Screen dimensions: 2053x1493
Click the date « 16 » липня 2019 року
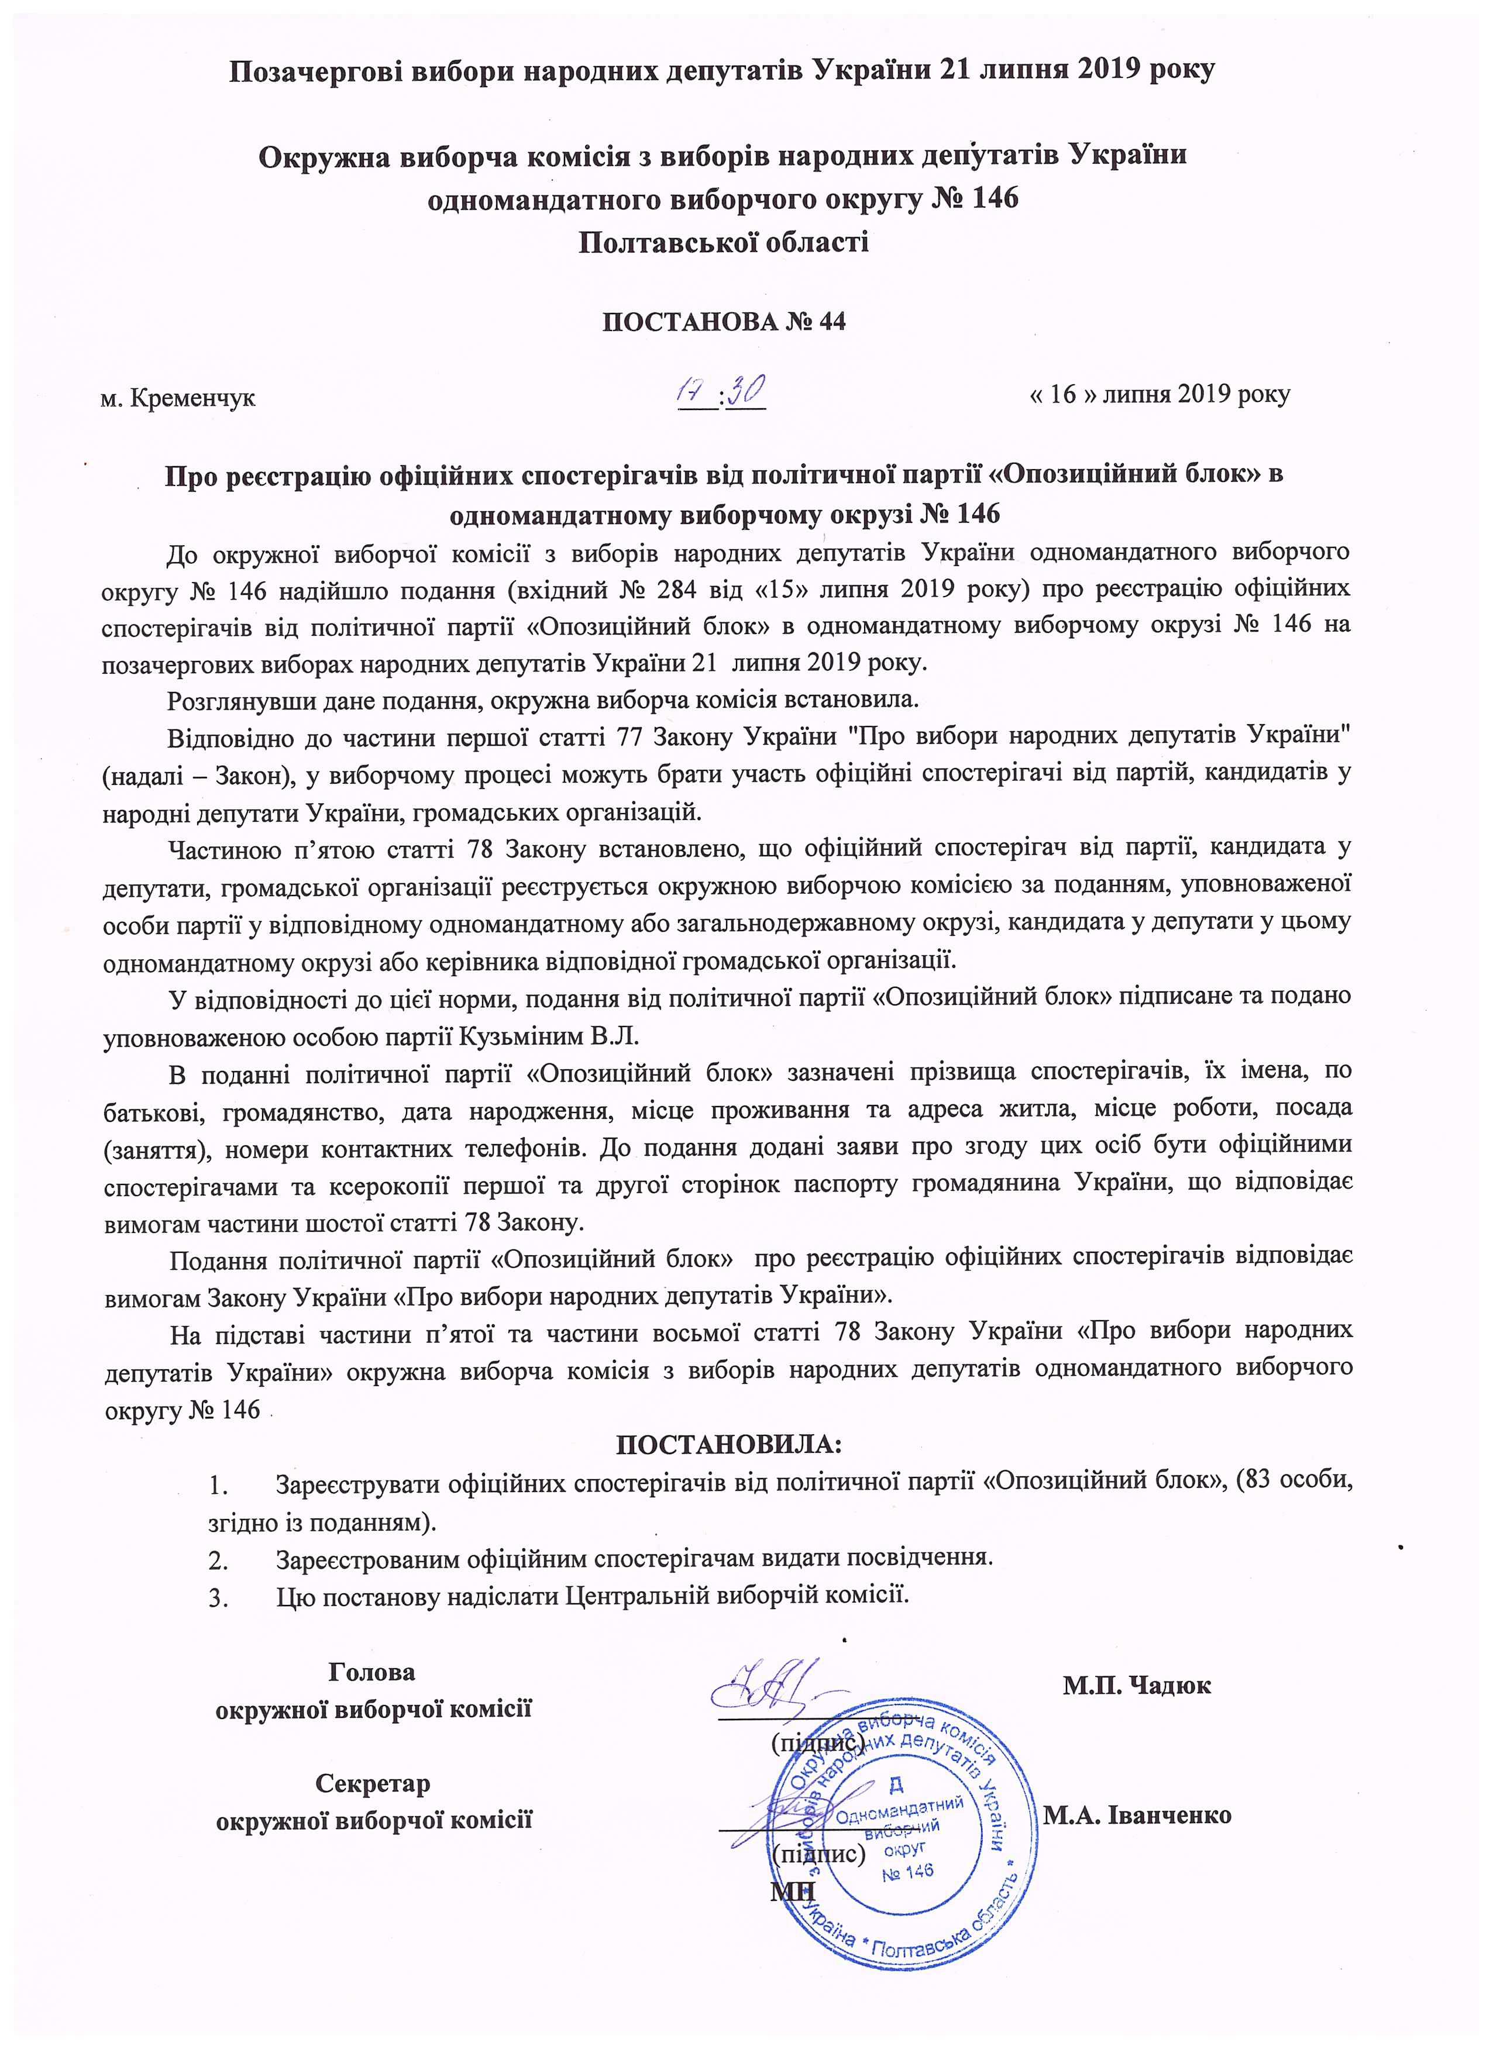click(1161, 395)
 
